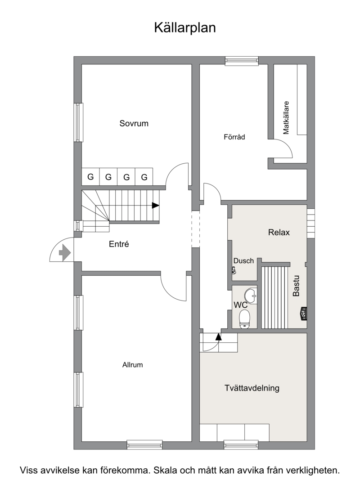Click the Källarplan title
coord(185,27)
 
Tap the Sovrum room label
coord(134,123)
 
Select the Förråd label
coord(234,137)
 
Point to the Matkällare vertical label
coord(286,117)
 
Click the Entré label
coord(119,244)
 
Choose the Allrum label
coord(132,364)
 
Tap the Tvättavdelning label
coord(252,388)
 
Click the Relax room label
coord(279,233)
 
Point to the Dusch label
coord(244,261)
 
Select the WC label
coord(241,305)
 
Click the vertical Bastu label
coord(296,286)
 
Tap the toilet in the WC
coord(244,319)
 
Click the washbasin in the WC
coord(251,296)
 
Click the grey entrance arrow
coord(65,253)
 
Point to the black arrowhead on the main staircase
coord(155,206)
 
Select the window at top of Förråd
coord(242,61)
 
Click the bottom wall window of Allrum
coord(144,444)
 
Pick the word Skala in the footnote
coord(165,470)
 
